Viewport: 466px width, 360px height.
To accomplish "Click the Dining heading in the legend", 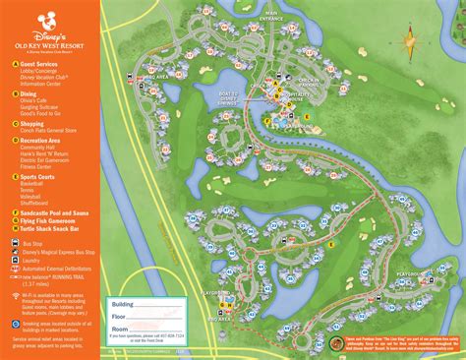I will pyautogui.click(x=29, y=94).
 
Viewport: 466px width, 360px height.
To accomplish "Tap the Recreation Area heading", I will pyautogui.click(x=42, y=141).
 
